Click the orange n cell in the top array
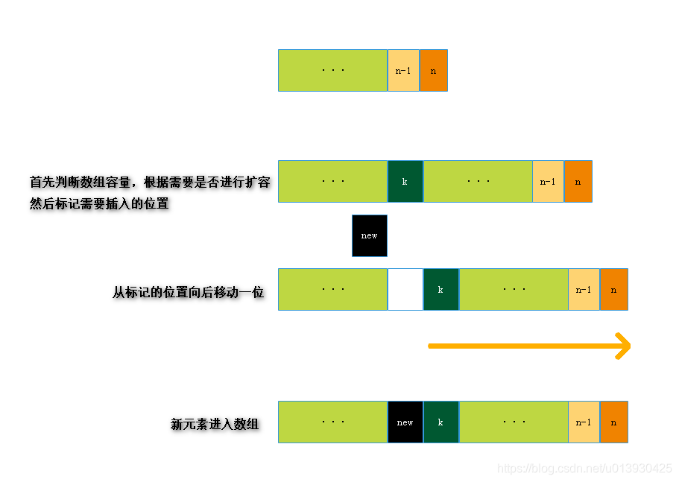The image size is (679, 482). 433,71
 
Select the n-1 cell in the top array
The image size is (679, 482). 403,71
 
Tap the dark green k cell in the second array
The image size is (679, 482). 405,181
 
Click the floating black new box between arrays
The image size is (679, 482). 369,235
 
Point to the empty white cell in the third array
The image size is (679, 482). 405,289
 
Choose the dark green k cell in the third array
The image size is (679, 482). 440,289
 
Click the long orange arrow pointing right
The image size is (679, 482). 529,346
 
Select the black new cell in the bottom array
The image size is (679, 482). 405,422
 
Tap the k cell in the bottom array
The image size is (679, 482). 440,422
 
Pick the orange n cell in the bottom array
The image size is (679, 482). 613,422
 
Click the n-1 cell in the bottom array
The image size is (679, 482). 584,422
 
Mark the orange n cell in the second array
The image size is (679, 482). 578,181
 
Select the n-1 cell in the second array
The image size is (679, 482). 548,181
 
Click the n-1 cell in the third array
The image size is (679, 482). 584,289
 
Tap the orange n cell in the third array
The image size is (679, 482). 613,289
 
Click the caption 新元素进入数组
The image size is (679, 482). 215,425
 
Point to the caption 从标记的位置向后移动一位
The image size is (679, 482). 189,293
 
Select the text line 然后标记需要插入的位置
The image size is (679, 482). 99,203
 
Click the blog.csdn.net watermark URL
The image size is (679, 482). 584,469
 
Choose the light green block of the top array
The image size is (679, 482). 332,71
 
